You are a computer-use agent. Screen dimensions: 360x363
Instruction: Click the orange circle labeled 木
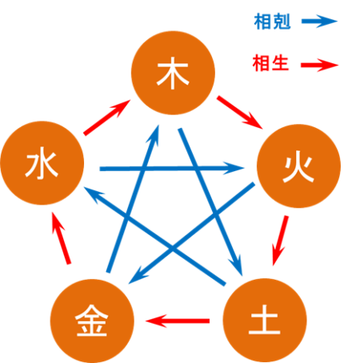point(173,73)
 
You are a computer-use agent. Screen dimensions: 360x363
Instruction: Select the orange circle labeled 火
point(298,166)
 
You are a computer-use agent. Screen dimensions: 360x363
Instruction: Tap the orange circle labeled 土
point(265,321)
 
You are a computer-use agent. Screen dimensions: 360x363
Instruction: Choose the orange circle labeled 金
point(92,321)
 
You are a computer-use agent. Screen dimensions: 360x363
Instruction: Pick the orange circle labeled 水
point(42,163)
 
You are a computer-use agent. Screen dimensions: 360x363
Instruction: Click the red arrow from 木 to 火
point(240,113)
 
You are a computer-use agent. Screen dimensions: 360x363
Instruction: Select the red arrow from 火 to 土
point(280,241)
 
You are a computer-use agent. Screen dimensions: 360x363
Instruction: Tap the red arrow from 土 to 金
point(178,321)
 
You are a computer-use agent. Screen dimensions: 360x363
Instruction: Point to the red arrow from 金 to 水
point(61,238)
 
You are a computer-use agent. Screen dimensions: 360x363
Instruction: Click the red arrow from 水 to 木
point(107,118)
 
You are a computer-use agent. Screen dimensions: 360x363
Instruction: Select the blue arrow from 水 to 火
point(172,169)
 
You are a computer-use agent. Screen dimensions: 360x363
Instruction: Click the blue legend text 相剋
point(272,22)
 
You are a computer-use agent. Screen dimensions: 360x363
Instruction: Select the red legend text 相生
point(270,63)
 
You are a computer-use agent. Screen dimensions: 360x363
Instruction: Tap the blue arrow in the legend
point(319,22)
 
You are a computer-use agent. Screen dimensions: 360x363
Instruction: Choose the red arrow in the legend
point(319,65)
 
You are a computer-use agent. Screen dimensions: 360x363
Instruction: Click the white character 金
point(92,321)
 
